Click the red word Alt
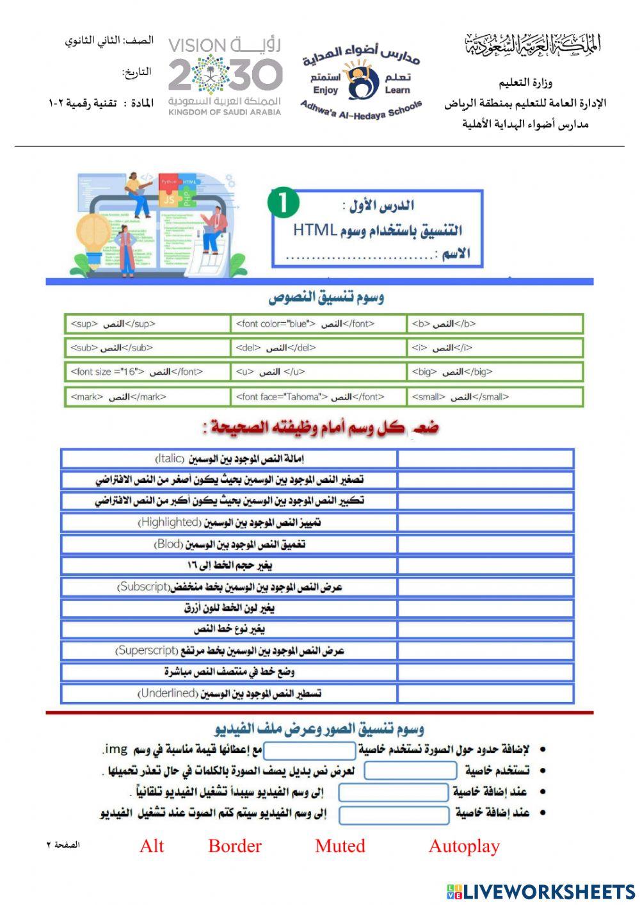click(152, 846)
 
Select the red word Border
click(235, 846)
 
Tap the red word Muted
click(340, 846)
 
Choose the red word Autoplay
click(464, 846)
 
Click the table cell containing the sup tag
click(147, 324)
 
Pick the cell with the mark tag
click(147, 397)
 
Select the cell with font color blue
click(318, 324)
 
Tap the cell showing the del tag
click(318, 348)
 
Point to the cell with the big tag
click(495, 372)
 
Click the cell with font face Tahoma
click(318, 397)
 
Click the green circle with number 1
click(284, 203)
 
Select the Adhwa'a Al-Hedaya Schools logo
click(362, 80)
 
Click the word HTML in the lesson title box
click(315, 230)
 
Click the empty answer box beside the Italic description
click(485, 459)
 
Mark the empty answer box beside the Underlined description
click(485, 694)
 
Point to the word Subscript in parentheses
click(142, 587)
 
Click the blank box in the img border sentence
click(310, 750)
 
